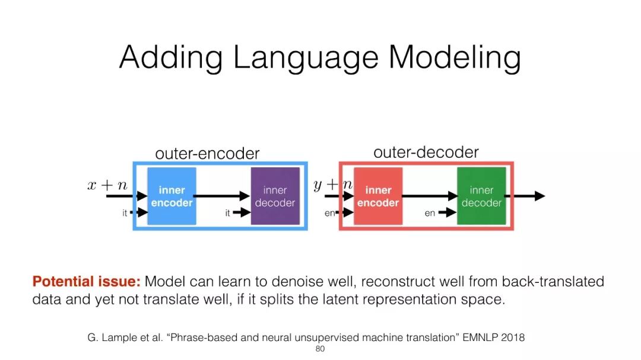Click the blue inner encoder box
coord(172,196)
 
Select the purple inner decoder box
coord(275,196)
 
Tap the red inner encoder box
coord(378,196)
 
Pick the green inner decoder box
coord(481,196)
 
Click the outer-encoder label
coord(207,154)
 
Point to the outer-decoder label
coord(426,152)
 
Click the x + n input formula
coord(107,185)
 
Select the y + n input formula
coord(333,185)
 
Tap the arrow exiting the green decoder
coord(529,196)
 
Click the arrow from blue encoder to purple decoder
coord(221,196)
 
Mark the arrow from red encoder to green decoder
coord(429,196)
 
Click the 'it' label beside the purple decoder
coord(227,213)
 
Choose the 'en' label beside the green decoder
coord(430,214)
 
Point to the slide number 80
coord(320,349)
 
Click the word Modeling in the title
coord(455,58)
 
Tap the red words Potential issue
coord(86,282)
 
